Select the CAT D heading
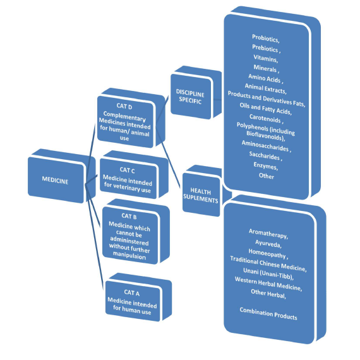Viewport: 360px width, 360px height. (124, 106)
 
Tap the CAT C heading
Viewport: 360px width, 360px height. (127, 170)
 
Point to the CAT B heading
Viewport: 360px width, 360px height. (129, 216)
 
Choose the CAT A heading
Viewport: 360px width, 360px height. (132, 292)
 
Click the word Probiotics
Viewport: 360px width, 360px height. (265, 39)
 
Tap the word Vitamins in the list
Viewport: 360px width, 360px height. (266, 58)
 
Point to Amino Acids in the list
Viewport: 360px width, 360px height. (265, 78)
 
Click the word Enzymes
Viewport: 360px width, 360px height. (266, 165)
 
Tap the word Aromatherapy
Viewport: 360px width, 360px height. (268, 234)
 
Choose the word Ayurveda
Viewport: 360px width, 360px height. (268, 244)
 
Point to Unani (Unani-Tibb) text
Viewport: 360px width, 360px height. (268, 274)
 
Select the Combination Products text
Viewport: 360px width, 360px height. (268, 313)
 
